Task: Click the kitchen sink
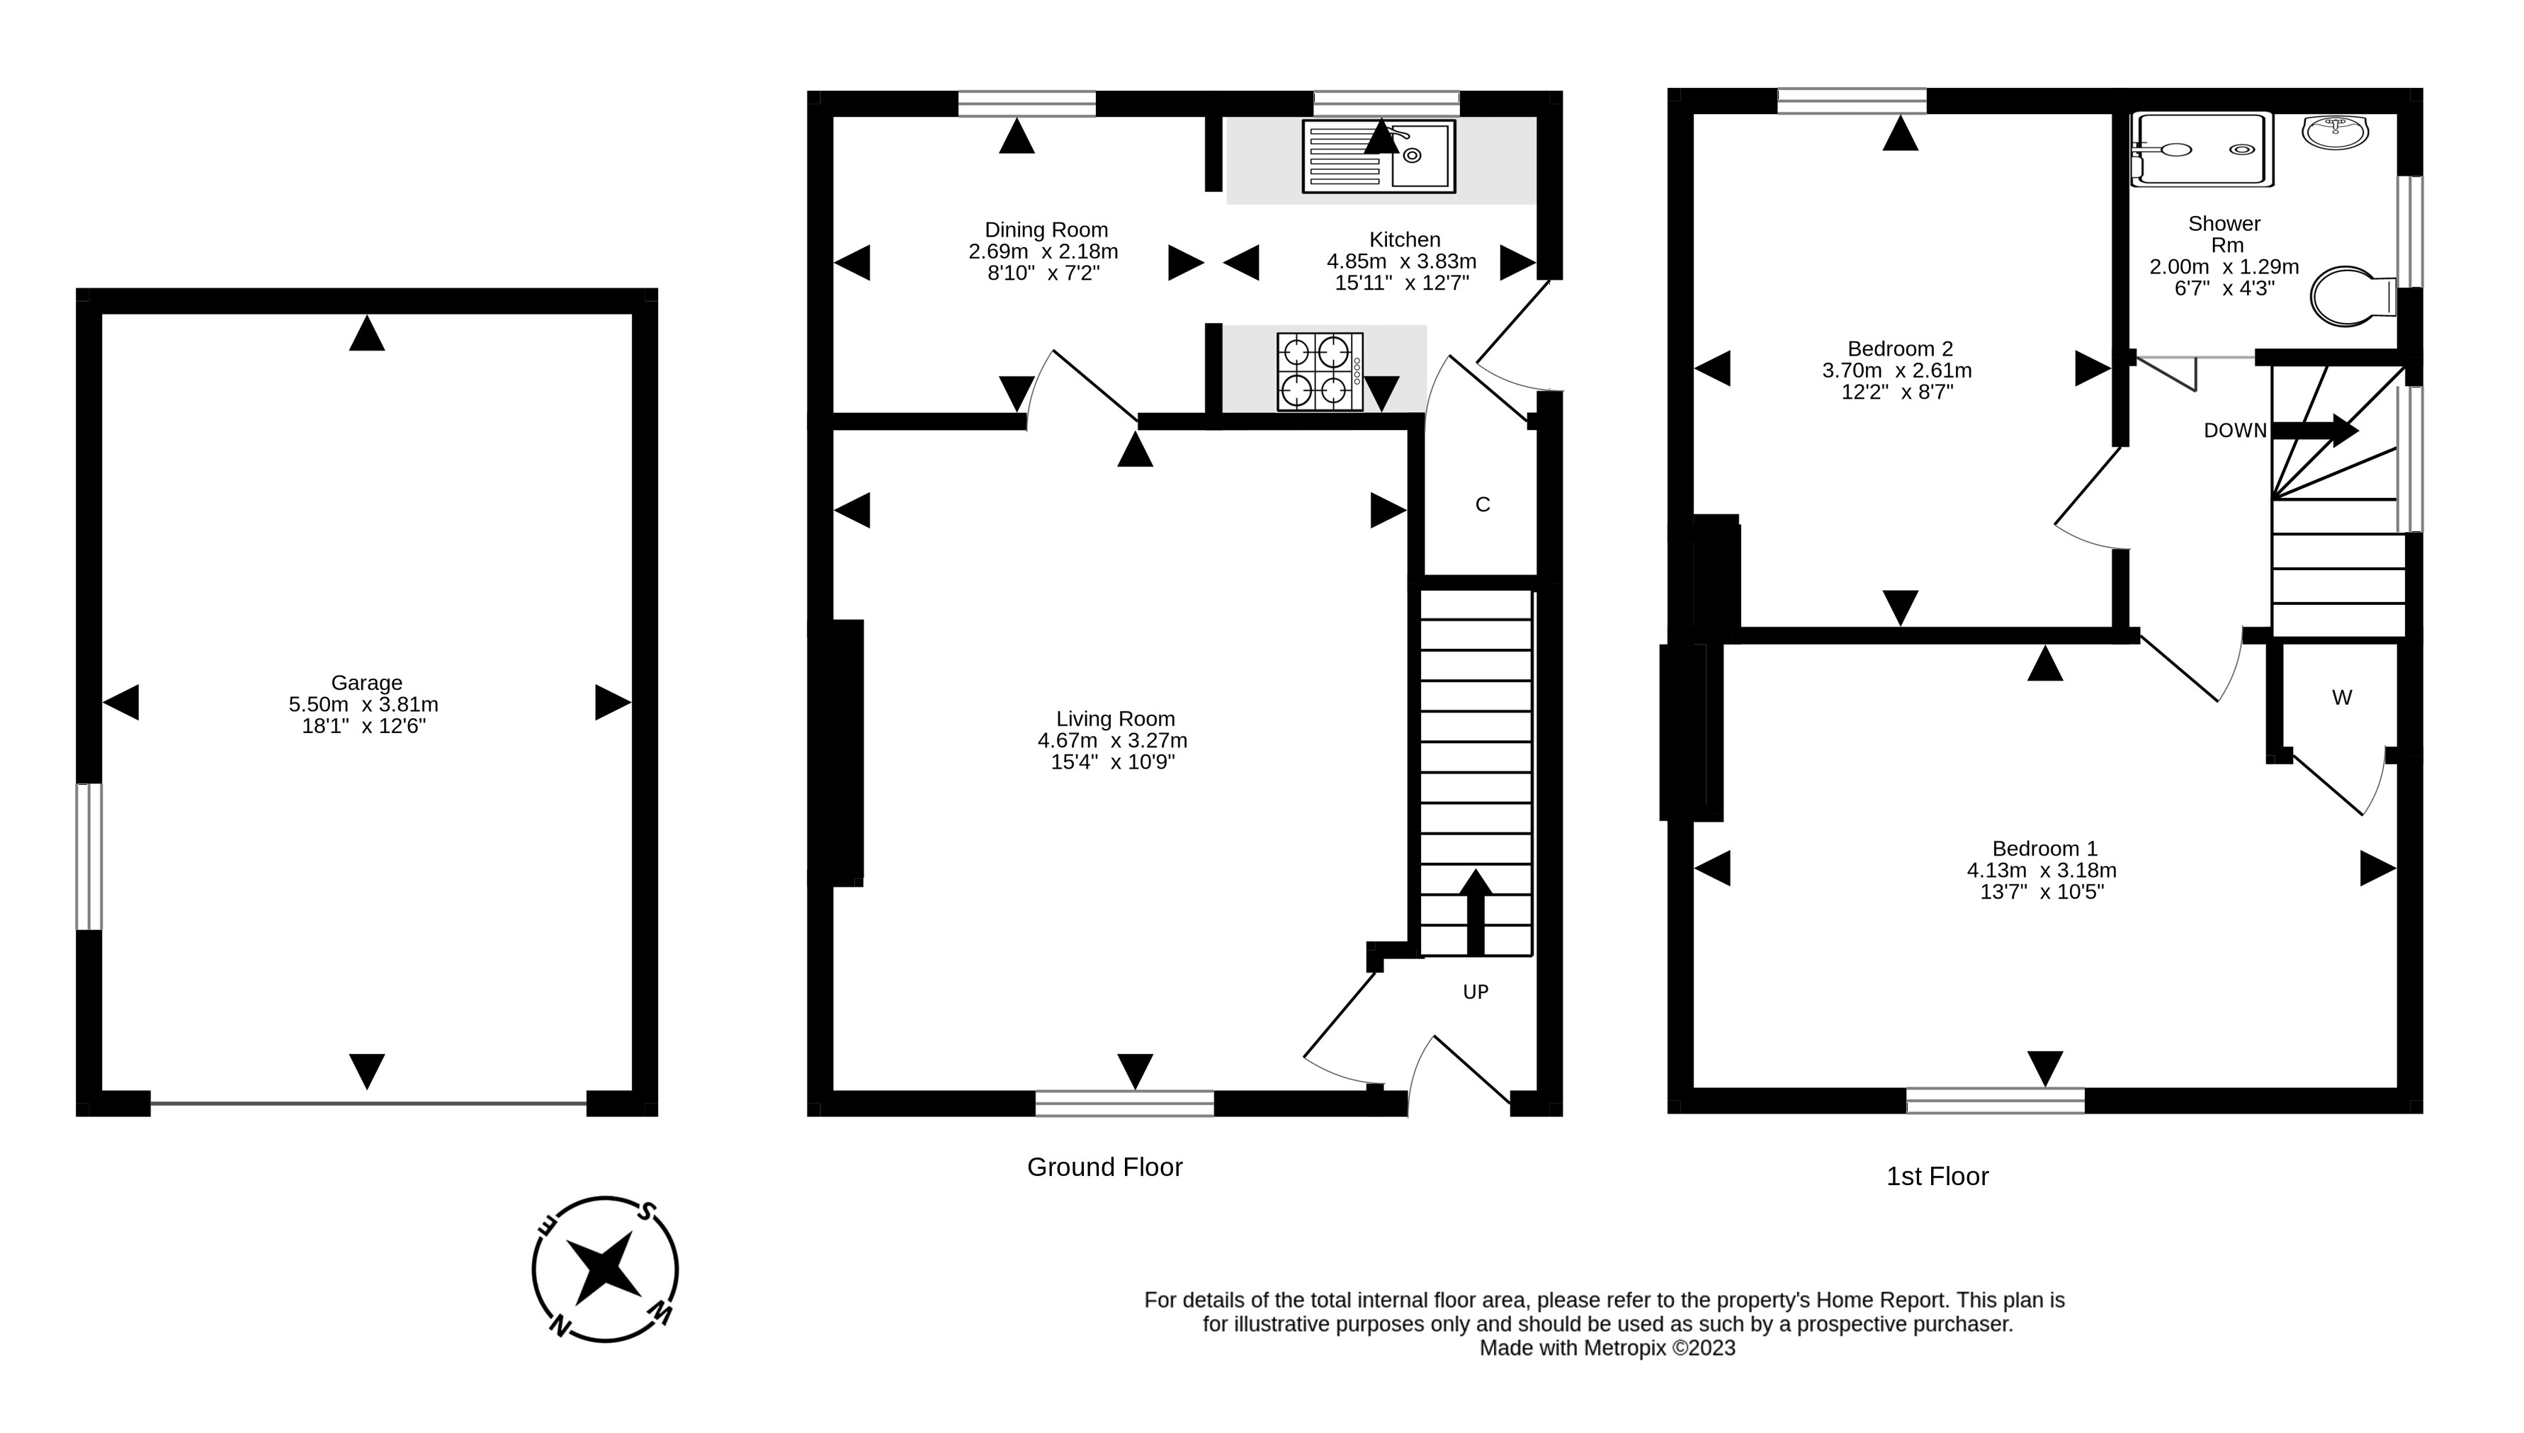click(1379, 156)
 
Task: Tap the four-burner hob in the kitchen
click(1320, 371)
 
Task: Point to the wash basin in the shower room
click(2335, 131)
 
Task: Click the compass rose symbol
click(604, 1269)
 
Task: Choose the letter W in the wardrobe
click(2341, 698)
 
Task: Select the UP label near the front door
click(1475, 992)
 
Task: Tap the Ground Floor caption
click(1104, 1167)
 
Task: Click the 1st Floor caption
click(1937, 1176)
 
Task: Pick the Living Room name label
click(1115, 718)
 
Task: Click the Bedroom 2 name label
click(1899, 349)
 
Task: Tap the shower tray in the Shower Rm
click(2201, 149)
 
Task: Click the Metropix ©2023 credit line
click(1607, 1349)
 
